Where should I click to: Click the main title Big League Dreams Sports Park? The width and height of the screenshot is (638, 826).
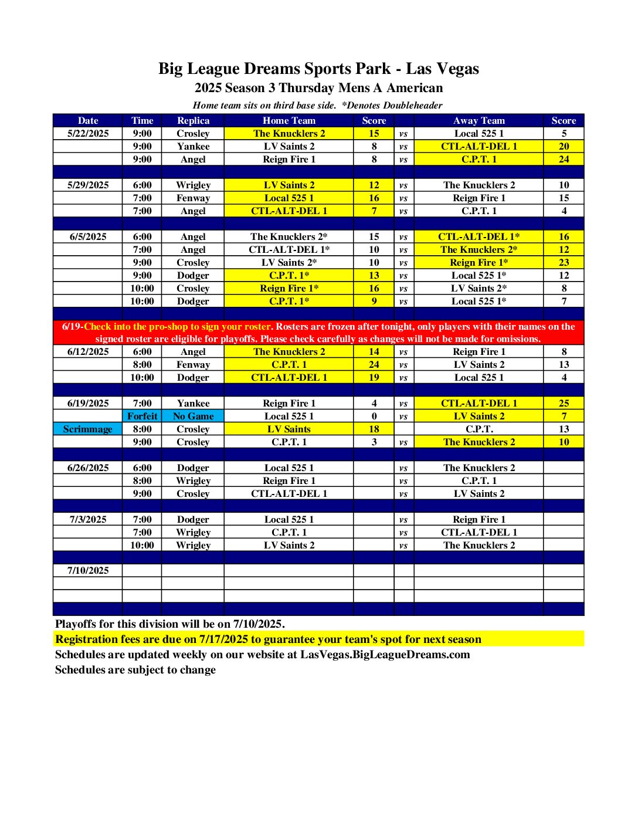click(x=318, y=69)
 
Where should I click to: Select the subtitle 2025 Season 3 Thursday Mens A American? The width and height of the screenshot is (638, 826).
click(x=318, y=88)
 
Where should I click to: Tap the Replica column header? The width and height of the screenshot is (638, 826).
click(x=193, y=120)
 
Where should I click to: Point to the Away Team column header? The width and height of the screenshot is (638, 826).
click(x=478, y=120)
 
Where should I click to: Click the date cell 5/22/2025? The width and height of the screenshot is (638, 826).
click(x=88, y=133)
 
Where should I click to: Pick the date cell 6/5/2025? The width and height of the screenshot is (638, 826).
click(x=88, y=236)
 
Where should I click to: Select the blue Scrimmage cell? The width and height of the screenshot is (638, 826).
click(x=88, y=429)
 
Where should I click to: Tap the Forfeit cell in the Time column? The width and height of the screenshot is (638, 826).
click(x=142, y=416)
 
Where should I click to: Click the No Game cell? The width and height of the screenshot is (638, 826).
click(x=193, y=416)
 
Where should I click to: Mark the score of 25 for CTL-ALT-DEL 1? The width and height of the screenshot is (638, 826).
click(x=564, y=403)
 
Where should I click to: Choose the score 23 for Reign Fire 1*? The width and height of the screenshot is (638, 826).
click(x=564, y=262)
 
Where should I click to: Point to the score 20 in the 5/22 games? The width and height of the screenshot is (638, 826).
click(x=564, y=146)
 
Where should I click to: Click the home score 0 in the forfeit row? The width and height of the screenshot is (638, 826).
click(x=374, y=416)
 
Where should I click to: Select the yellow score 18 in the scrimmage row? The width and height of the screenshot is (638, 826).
click(x=374, y=429)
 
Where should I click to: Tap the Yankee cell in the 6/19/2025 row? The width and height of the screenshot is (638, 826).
click(x=193, y=403)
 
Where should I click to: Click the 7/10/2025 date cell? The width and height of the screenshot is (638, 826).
click(x=88, y=570)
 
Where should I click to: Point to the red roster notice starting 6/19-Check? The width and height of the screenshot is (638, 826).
click(x=318, y=333)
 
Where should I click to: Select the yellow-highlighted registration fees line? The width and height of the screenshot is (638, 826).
click(x=268, y=639)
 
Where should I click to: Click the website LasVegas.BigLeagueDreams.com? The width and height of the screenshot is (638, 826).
click(x=385, y=654)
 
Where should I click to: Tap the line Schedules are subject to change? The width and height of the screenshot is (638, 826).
click(x=135, y=669)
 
